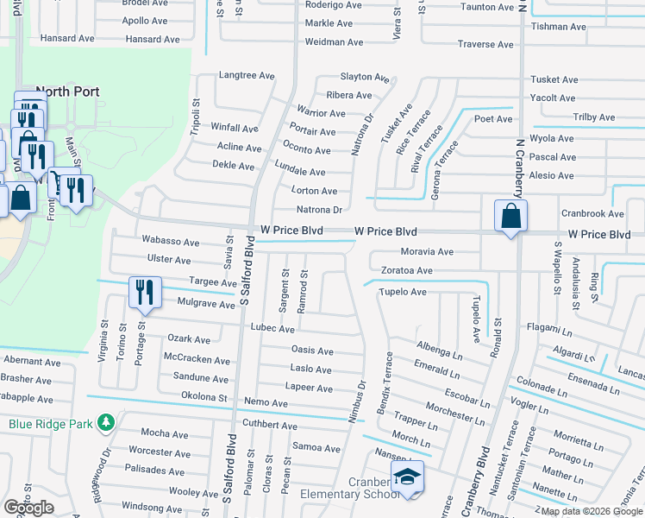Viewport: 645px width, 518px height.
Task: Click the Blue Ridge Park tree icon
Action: pos(105,423)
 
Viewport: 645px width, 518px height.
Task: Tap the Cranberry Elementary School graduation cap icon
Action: pos(407,477)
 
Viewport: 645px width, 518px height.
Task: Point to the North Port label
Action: pos(68,92)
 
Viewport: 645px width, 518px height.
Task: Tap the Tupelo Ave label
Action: pos(403,292)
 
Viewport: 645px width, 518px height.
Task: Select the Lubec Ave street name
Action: pos(272,329)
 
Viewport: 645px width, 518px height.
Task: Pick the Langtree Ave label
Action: pos(246,76)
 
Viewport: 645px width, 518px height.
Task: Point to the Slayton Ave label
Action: pos(366,77)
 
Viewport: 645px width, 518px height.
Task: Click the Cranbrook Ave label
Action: pos(592,213)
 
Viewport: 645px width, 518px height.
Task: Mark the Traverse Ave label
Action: pos(485,44)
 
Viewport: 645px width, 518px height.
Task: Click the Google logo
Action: pos(28,508)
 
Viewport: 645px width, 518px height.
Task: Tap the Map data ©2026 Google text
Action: pos(592,511)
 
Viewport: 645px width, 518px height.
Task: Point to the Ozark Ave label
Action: pos(189,339)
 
